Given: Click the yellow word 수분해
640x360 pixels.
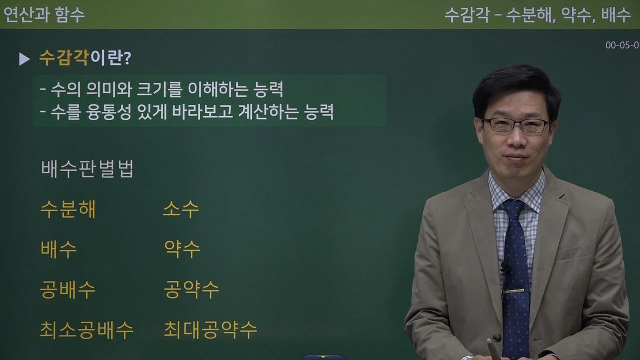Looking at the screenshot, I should (68, 210).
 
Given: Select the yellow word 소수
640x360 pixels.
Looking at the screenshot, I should (181, 209).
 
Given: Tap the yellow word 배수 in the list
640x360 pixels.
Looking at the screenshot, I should (59, 249).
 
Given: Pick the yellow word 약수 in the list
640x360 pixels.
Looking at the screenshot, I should (182, 249).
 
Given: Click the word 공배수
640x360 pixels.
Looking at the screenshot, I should (68, 290).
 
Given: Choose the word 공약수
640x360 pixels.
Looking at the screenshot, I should (191, 290).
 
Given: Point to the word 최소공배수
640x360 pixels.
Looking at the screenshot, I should (86, 330).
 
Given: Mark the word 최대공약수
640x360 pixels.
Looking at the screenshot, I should (210, 330).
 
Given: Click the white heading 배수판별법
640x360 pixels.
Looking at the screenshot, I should (87, 169).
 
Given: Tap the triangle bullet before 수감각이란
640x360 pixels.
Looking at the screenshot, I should (24, 59).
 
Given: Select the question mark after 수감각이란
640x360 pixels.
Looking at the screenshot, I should (127, 59).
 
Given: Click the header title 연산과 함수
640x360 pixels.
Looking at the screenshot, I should (44, 15).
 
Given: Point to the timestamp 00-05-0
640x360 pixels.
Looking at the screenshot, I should (622, 45).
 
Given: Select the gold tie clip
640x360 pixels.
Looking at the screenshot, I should (514, 291).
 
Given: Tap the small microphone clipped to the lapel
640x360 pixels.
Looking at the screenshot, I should (506, 268).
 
